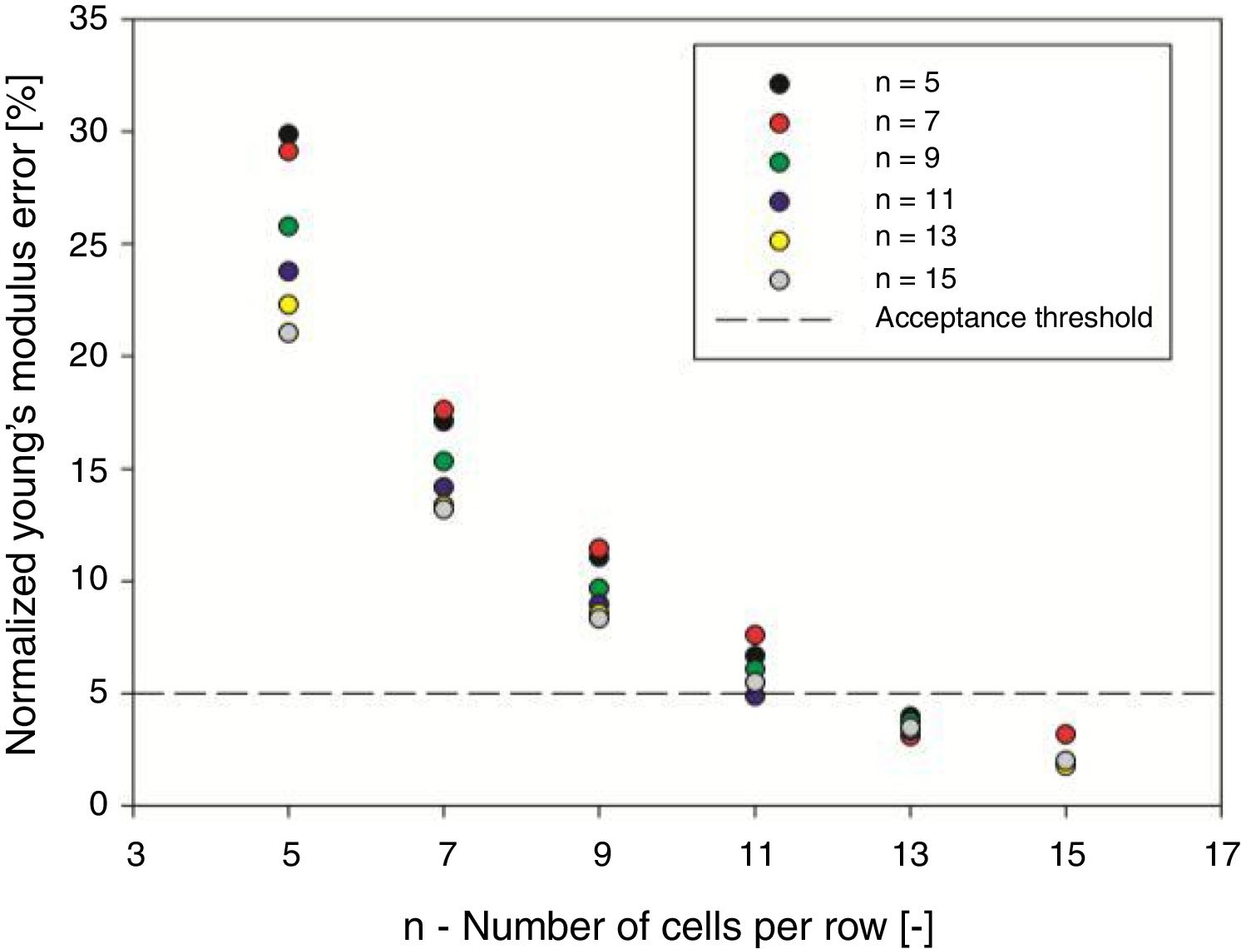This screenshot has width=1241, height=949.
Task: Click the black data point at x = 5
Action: pos(289,133)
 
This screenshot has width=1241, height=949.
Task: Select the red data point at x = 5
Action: pos(289,152)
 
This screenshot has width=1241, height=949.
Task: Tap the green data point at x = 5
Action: pos(289,226)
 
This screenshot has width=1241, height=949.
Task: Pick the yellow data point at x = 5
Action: pos(289,305)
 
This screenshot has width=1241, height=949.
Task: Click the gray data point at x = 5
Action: pos(289,333)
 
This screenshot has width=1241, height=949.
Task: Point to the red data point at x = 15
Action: pos(1065,734)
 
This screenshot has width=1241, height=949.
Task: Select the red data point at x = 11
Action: pos(755,634)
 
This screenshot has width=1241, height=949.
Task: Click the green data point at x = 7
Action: pos(444,460)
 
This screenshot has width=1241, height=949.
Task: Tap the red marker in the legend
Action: pos(779,123)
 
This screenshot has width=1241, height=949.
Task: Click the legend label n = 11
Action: pos(915,200)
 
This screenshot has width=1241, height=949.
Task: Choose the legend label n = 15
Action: pos(915,279)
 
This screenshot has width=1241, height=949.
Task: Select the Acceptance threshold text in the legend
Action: pos(1014,318)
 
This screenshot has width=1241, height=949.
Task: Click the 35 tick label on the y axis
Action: pos(89,18)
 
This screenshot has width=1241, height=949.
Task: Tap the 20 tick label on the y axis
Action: pos(89,356)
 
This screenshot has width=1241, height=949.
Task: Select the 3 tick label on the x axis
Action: pos(136,855)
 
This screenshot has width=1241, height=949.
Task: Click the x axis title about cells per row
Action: pos(668,927)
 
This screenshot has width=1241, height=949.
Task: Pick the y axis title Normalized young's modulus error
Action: pos(22,415)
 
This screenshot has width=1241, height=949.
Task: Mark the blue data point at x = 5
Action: pos(289,271)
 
